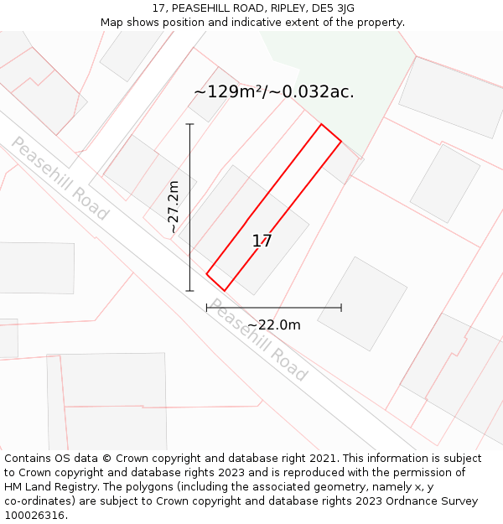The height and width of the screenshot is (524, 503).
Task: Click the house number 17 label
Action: (x=262, y=241)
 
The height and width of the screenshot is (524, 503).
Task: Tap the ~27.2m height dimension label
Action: (x=173, y=207)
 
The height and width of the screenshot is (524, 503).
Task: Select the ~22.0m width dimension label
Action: (x=273, y=324)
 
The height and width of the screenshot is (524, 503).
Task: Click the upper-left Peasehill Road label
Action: (x=59, y=179)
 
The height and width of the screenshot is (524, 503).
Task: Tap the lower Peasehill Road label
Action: (x=258, y=339)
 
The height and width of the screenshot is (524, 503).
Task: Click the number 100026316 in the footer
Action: (x=34, y=516)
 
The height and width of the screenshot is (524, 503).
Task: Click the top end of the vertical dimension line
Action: (x=190, y=124)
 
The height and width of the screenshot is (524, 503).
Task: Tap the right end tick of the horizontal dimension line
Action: (x=341, y=308)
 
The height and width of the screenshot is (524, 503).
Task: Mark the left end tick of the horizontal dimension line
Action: (x=207, y=308)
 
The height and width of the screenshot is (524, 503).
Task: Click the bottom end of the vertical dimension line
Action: (x=190, y=291)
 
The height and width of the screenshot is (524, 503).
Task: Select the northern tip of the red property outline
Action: (x=321, y=124)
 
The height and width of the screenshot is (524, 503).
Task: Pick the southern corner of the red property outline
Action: (x=224, y=291)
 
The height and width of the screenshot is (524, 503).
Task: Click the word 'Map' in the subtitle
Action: (x=113, y=23)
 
